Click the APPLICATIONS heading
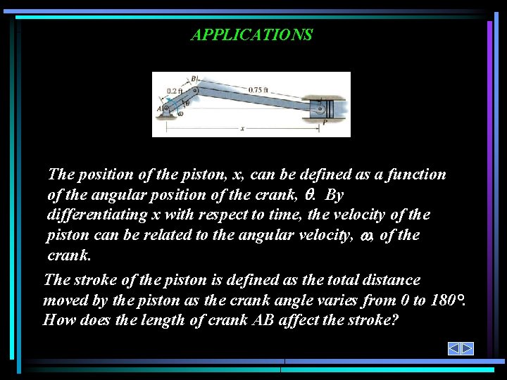pyautogui.click(x=251, y=34)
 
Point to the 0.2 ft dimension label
pyautogui.click(x=174, y=91)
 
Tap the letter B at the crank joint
pyautogui.click(x=194, y=79)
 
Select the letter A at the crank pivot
pyautogui.click(x=158, y=109)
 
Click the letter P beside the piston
pyautogui.click(x=325, y=122)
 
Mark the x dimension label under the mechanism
pyautogui.click(x=242, y=128)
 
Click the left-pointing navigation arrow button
pyautogui.click(x=454, y=348)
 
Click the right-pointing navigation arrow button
pyautogui.click(x=467, y=348)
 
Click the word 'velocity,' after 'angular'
pyautogui.click(x=323, y=235)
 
